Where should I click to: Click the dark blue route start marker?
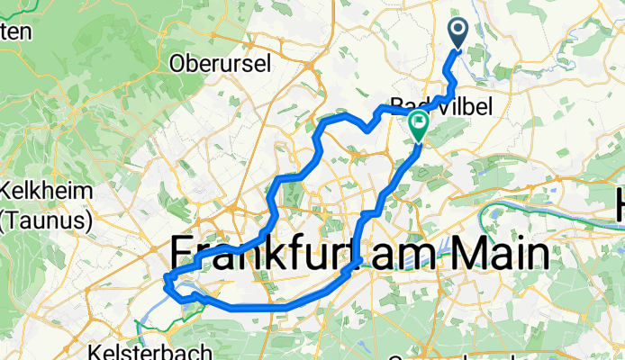(x=457, y=35)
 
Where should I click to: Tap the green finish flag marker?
(x=419, y=126)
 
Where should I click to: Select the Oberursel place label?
(x=216, y=64)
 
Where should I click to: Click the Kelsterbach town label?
(x=150, y=352)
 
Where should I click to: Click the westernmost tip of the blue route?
(x=165, y=282)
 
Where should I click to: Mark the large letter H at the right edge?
(x=620, y=206)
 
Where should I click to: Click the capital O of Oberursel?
(x=177, y=64)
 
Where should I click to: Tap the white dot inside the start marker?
(x=457, y=32)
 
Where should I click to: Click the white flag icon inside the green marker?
(x=419, y=123)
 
